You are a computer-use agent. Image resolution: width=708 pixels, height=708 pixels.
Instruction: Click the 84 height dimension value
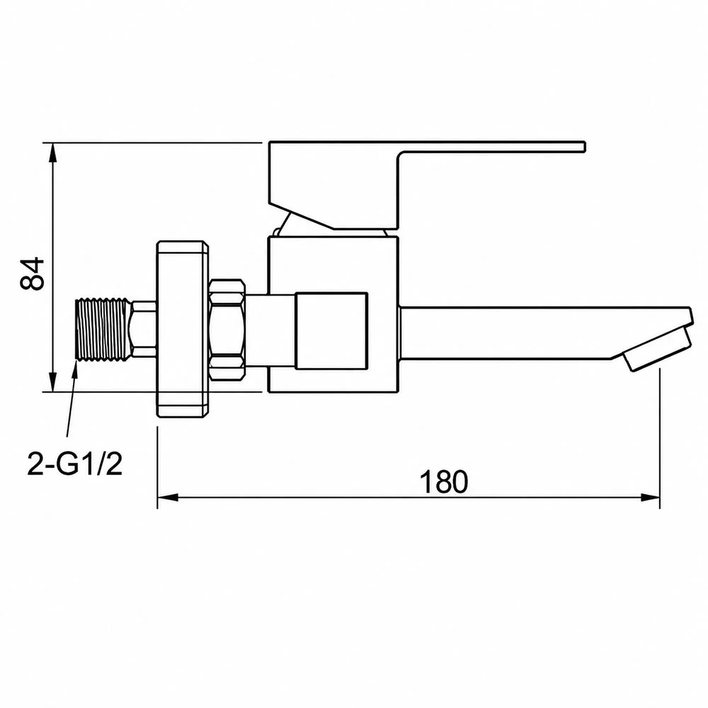coord(33,273)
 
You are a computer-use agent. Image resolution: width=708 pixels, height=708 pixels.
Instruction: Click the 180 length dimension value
coord(443,481)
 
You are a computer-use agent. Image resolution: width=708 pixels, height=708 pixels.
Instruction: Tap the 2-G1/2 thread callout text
coord(75,463)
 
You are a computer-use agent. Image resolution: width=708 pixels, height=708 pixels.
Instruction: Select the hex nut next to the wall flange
coord(227,329)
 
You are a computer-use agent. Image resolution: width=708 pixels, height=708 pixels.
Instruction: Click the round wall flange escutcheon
coord(183,329)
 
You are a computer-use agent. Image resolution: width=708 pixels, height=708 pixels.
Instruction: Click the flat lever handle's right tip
coord(584,147)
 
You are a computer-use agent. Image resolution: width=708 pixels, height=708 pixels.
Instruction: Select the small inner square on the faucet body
coord(331,331)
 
